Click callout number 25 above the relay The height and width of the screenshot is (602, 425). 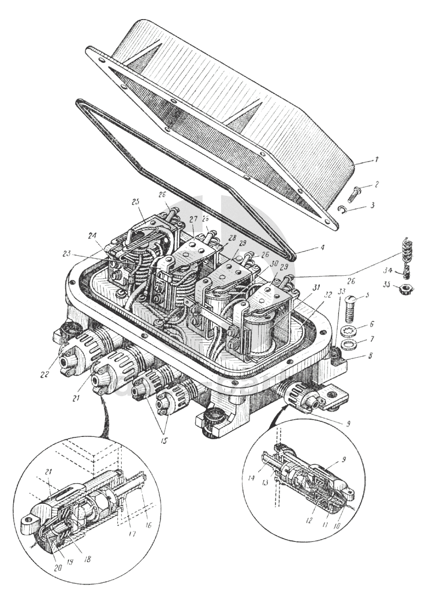135,202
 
